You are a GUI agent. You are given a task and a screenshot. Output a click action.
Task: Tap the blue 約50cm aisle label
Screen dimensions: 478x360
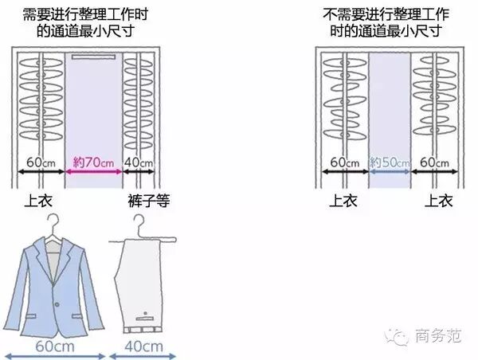(x=390, y=163)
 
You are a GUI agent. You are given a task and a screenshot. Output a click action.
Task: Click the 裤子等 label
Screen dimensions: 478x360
(x=143, y=200)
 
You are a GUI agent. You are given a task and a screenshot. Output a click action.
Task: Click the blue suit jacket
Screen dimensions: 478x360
(x=54, y=283)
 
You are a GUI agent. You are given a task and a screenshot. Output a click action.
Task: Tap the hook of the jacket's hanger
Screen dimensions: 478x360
(x=53, y=220)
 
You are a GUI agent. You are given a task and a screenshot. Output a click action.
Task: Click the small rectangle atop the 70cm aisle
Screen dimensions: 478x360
(x=94, y=58)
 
